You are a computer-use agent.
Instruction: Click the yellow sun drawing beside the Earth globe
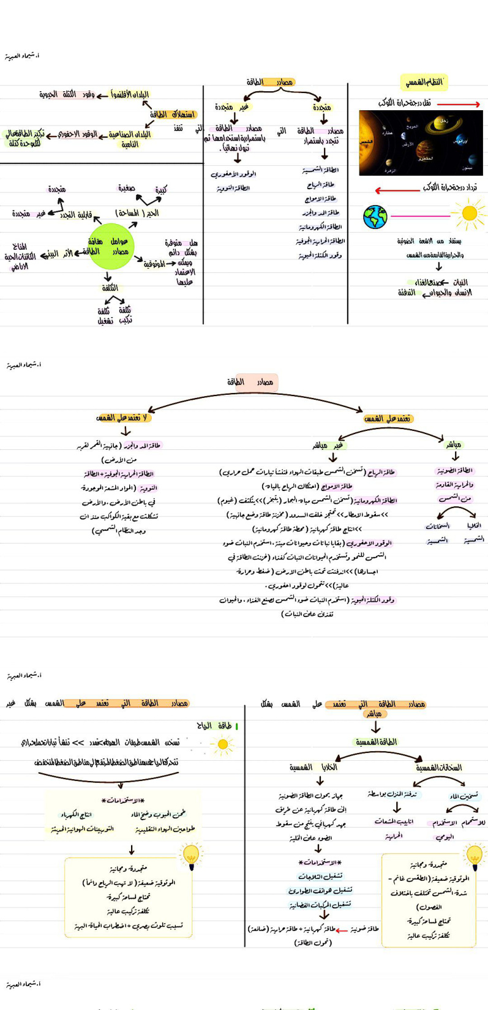(470, 214)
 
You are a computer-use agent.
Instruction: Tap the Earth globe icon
(375, 217)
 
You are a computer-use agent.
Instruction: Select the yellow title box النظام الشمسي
(424, 81)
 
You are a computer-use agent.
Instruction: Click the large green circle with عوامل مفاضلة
(111, 246)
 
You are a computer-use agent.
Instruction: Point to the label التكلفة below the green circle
(110, 288)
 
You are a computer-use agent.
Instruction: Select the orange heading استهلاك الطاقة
(173, 114)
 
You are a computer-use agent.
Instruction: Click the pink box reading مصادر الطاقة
(256, 382)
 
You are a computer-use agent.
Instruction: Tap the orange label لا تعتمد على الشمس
(122, 418)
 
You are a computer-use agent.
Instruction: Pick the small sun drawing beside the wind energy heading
(222, 744)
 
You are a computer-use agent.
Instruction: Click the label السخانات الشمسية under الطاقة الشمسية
(438, 768)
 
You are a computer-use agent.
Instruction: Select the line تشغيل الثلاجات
(320, 876)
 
